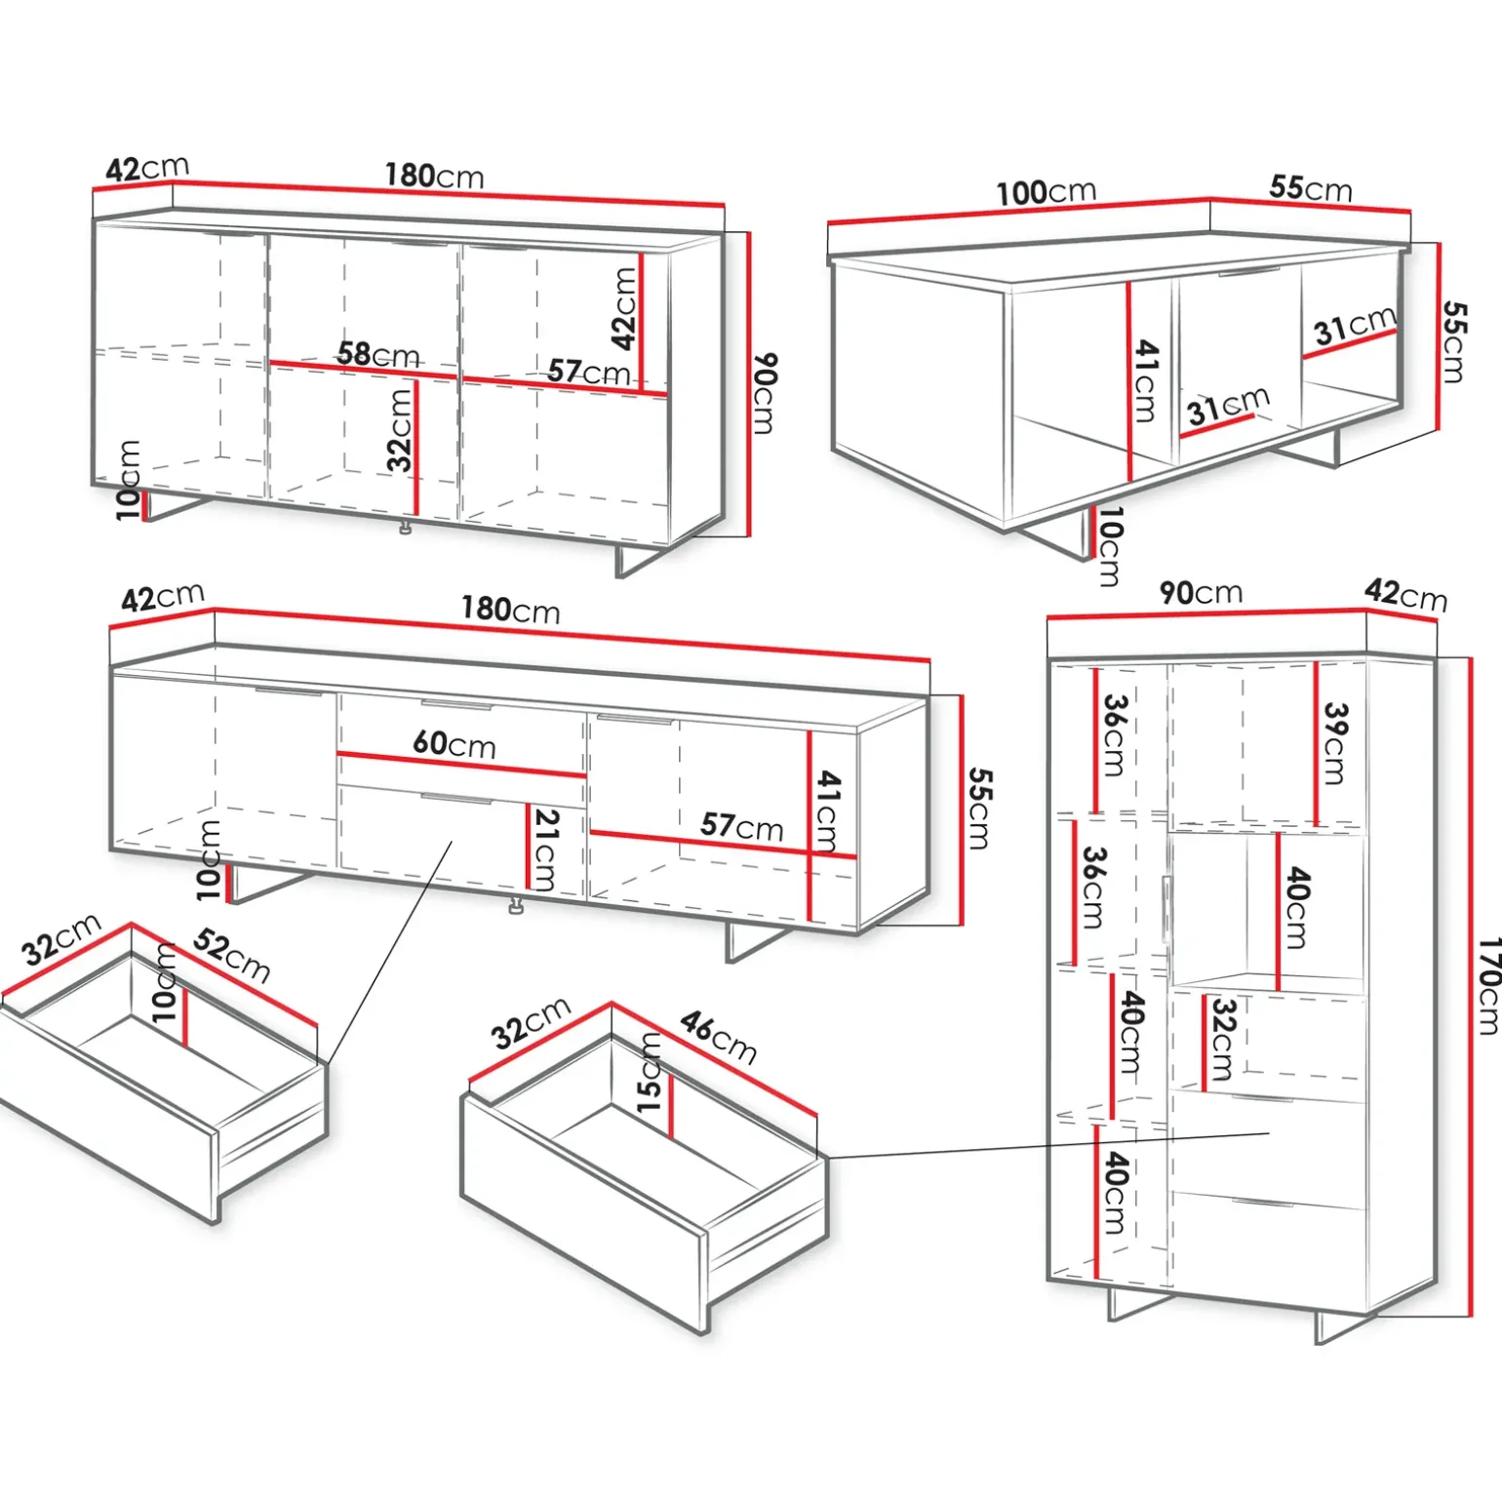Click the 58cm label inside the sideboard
pyautogui.click(x=378, y=354)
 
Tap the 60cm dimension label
pyautogui.click(x=455, y=744)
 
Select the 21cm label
pyautogui.click(x=546, y=850)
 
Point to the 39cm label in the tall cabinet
pyautogui.click(x=1335, y=743)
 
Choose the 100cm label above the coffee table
pyautogui.click(x=1047, y=192)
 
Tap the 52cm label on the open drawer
pyautogui.click(x=232, y=955)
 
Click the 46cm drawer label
pyautogui.click(x=719, y=1037)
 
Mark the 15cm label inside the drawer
pyautogui.click(x=650, y=1073)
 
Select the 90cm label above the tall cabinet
pyautogui.click(x=1201, y=592)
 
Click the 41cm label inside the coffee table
pyautogui.click(x=1146, y=380)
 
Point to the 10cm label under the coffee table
pyautogui.click(x=1110, y=546)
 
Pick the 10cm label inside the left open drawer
pyautogui.click(x=164, y=982)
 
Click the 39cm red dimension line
pyautogui.click(x=1316, y=744)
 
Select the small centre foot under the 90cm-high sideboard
pyautogui.click(x=406, y=528)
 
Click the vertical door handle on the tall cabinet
pyautogui.click(x=1166, y=909)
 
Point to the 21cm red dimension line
pyautogui.click(x=528, y=847)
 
